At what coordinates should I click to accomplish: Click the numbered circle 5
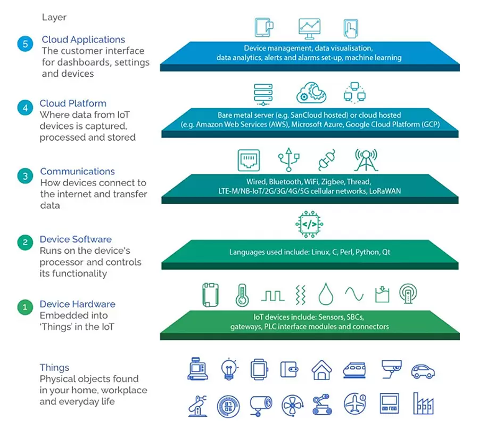[x=25, y=44]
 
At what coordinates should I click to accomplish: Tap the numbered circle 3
[x=25, y=176]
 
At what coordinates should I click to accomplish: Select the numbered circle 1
[x=25, y=307]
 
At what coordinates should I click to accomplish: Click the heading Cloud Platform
[x=73, y=103]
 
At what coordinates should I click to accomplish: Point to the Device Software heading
[x=76, y=239]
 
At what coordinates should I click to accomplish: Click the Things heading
[x=54, y=368]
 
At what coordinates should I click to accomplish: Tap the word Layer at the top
[x=54, y=18]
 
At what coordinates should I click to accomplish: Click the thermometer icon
[x=242, y=295]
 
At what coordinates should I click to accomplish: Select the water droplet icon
[x=326, y=294]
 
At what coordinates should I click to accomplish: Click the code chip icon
[x=309, y=224]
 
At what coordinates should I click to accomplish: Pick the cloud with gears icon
[x=311, y=93]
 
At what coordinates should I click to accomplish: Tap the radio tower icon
[x=366, y=160]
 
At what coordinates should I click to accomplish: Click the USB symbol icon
[x=288, y=159]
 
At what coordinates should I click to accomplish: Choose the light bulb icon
[x=229, y=369]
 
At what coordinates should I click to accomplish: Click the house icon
[x=321, y=370]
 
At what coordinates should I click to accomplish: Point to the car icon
[x=423, y=372]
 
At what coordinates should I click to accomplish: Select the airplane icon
[x=354, y=404]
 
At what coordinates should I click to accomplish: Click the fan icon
[x=292, y=405]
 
